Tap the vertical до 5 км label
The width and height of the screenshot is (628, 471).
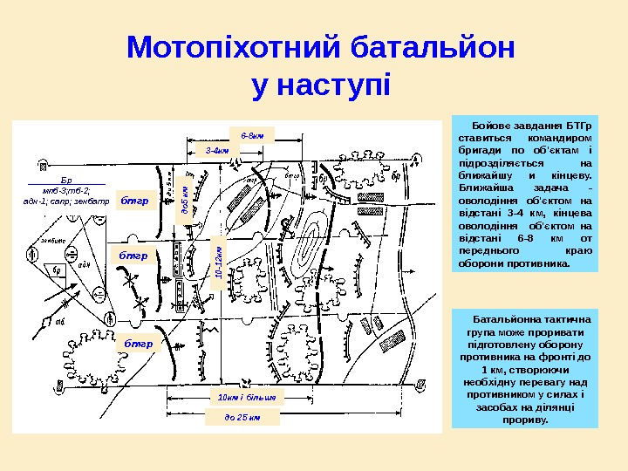[x=184, y=200]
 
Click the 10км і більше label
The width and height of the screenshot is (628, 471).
[x=246, y=397]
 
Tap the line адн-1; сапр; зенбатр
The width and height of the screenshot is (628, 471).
[x=67, y=201]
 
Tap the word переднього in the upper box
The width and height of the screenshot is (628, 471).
[x=489, y=249]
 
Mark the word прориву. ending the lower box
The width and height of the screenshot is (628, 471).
[x=526, y=420]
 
